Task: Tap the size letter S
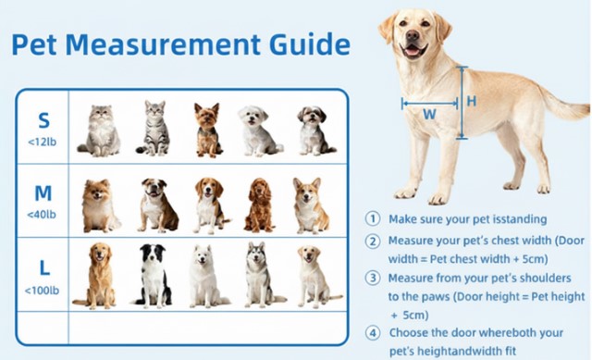43,120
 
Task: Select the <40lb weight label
42,214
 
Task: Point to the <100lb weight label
42,290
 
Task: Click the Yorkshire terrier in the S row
207,130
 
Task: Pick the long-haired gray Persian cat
100,130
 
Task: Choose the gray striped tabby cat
154,128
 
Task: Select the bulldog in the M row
157,205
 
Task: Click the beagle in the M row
210,205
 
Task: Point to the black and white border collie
152,276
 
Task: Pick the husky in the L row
262,275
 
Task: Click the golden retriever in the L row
96,276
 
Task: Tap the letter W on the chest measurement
429,114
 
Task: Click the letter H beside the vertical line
472,101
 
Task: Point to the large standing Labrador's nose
413,35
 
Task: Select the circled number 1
373,219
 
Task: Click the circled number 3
373,278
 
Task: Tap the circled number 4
373,333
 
